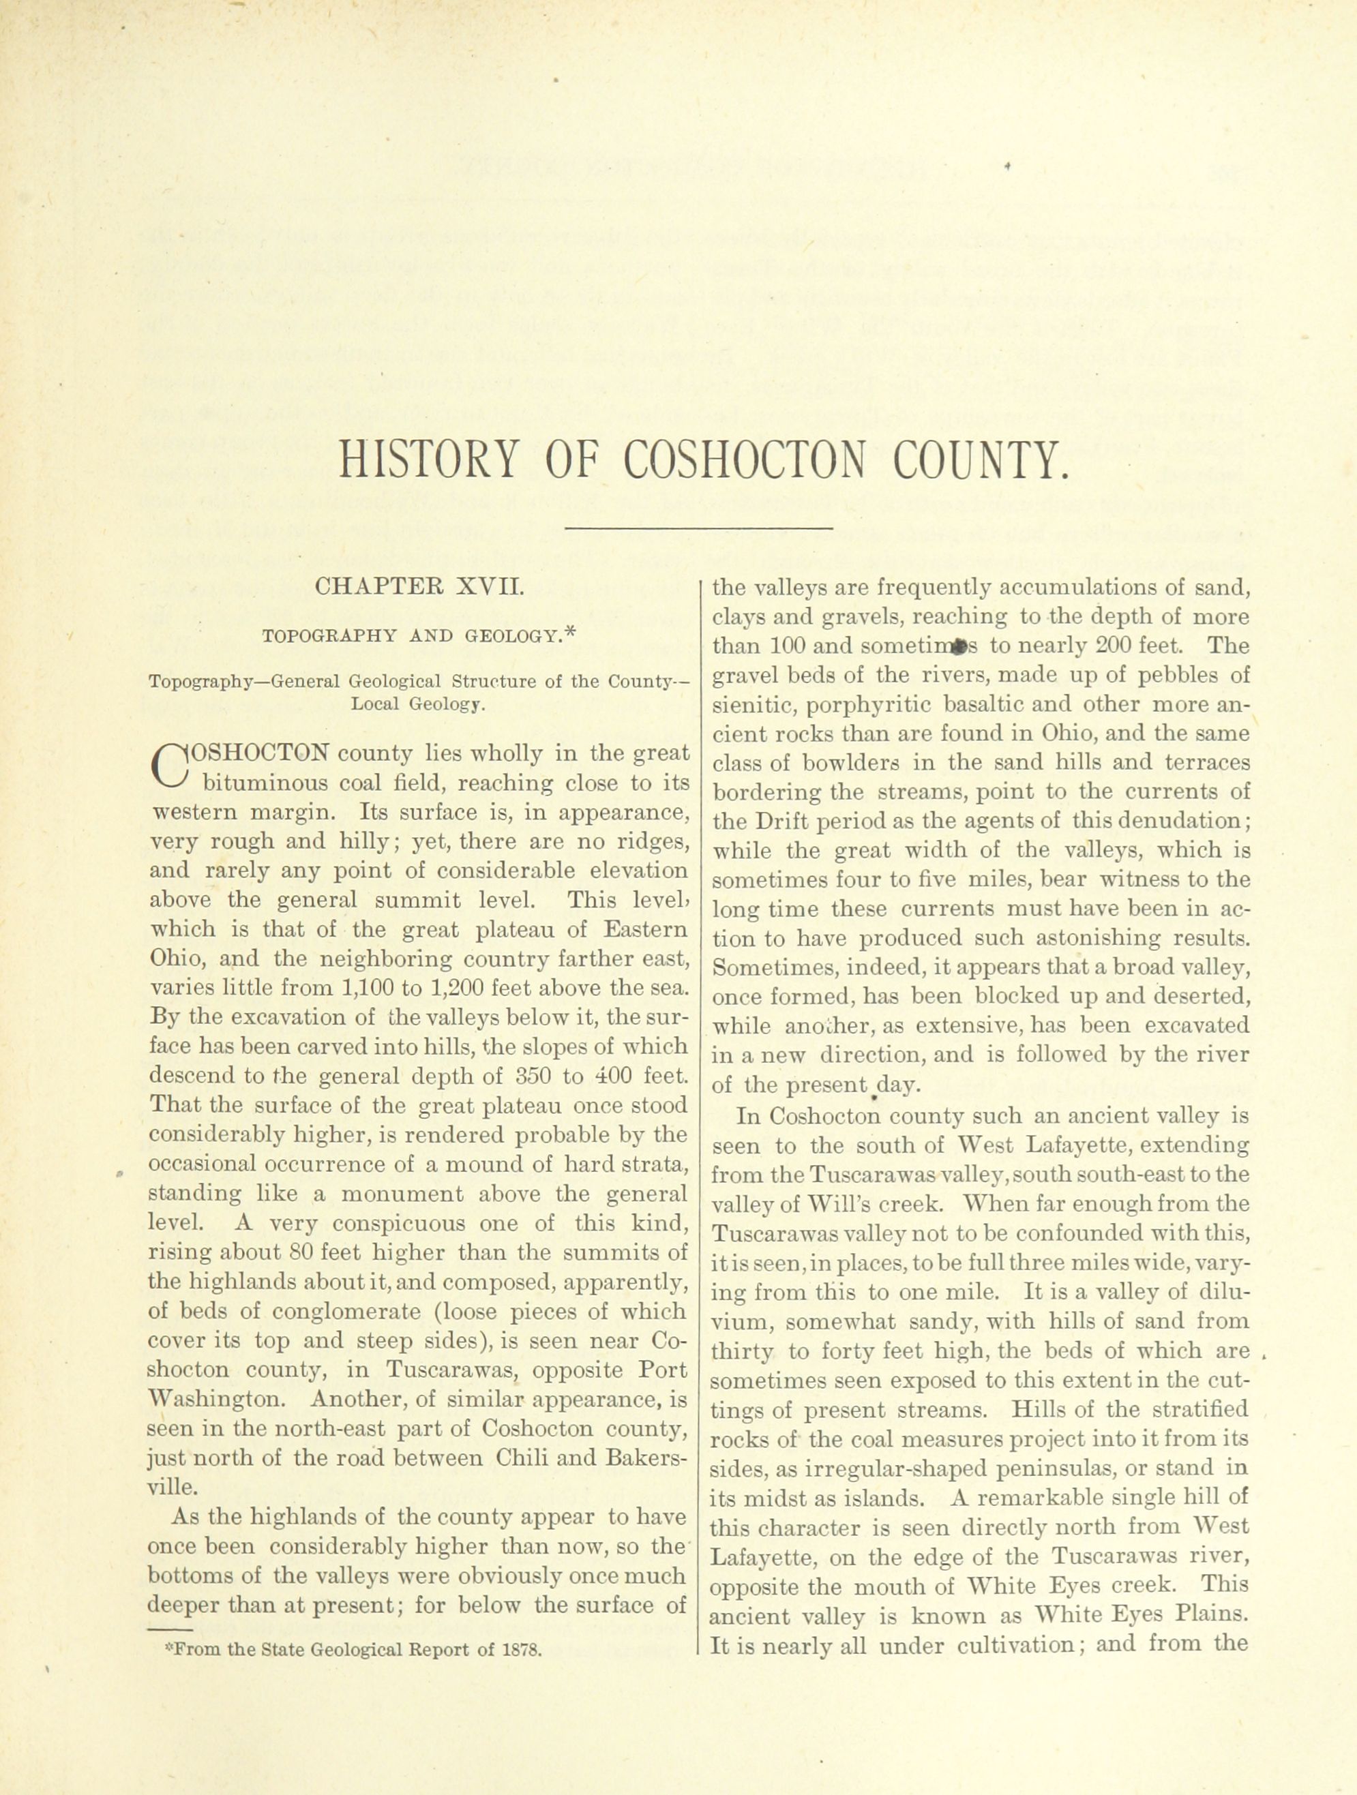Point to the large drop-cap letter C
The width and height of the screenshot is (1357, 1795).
tap(169, 768)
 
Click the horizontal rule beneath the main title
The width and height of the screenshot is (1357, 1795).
tap(699, 529)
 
